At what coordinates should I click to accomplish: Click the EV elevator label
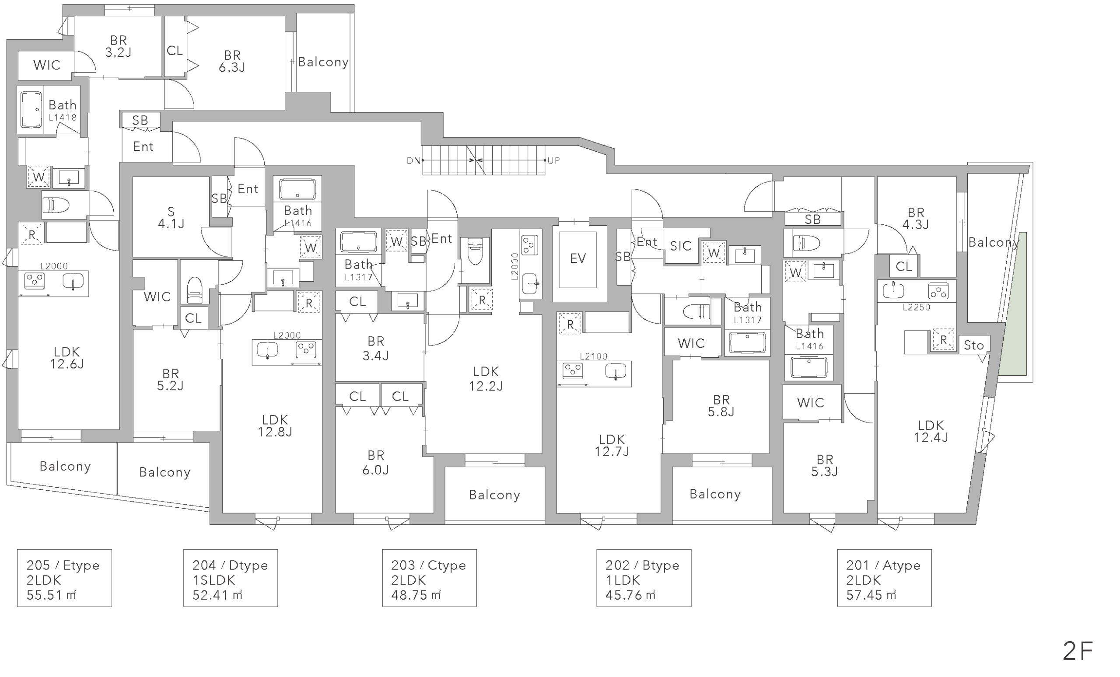pos(578,258)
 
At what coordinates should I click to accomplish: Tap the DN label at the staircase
pos(413,161)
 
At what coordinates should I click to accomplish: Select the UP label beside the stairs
pos(553,161)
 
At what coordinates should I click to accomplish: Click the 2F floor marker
pos(1077,651)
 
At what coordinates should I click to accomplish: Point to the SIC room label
pos(680,246)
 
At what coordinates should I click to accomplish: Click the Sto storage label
pos(973,345)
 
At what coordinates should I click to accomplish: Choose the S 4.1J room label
pos(171,218)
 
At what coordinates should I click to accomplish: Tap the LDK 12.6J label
pos(67,358)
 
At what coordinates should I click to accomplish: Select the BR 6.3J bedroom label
pos(232,61)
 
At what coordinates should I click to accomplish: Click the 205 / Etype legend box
pos(65,578)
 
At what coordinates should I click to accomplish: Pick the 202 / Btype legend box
pos(644,578)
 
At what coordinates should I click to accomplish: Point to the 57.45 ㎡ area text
pos(871,595)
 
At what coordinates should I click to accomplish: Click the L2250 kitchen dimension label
pos(917,307)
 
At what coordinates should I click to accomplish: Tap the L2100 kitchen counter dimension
pos(593,356)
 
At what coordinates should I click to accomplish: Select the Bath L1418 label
pos(63,110)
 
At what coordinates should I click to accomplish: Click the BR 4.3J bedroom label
pos(916,219)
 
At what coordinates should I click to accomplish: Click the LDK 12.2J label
pos(486,379)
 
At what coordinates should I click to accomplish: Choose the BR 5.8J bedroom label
pos(721,406)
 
